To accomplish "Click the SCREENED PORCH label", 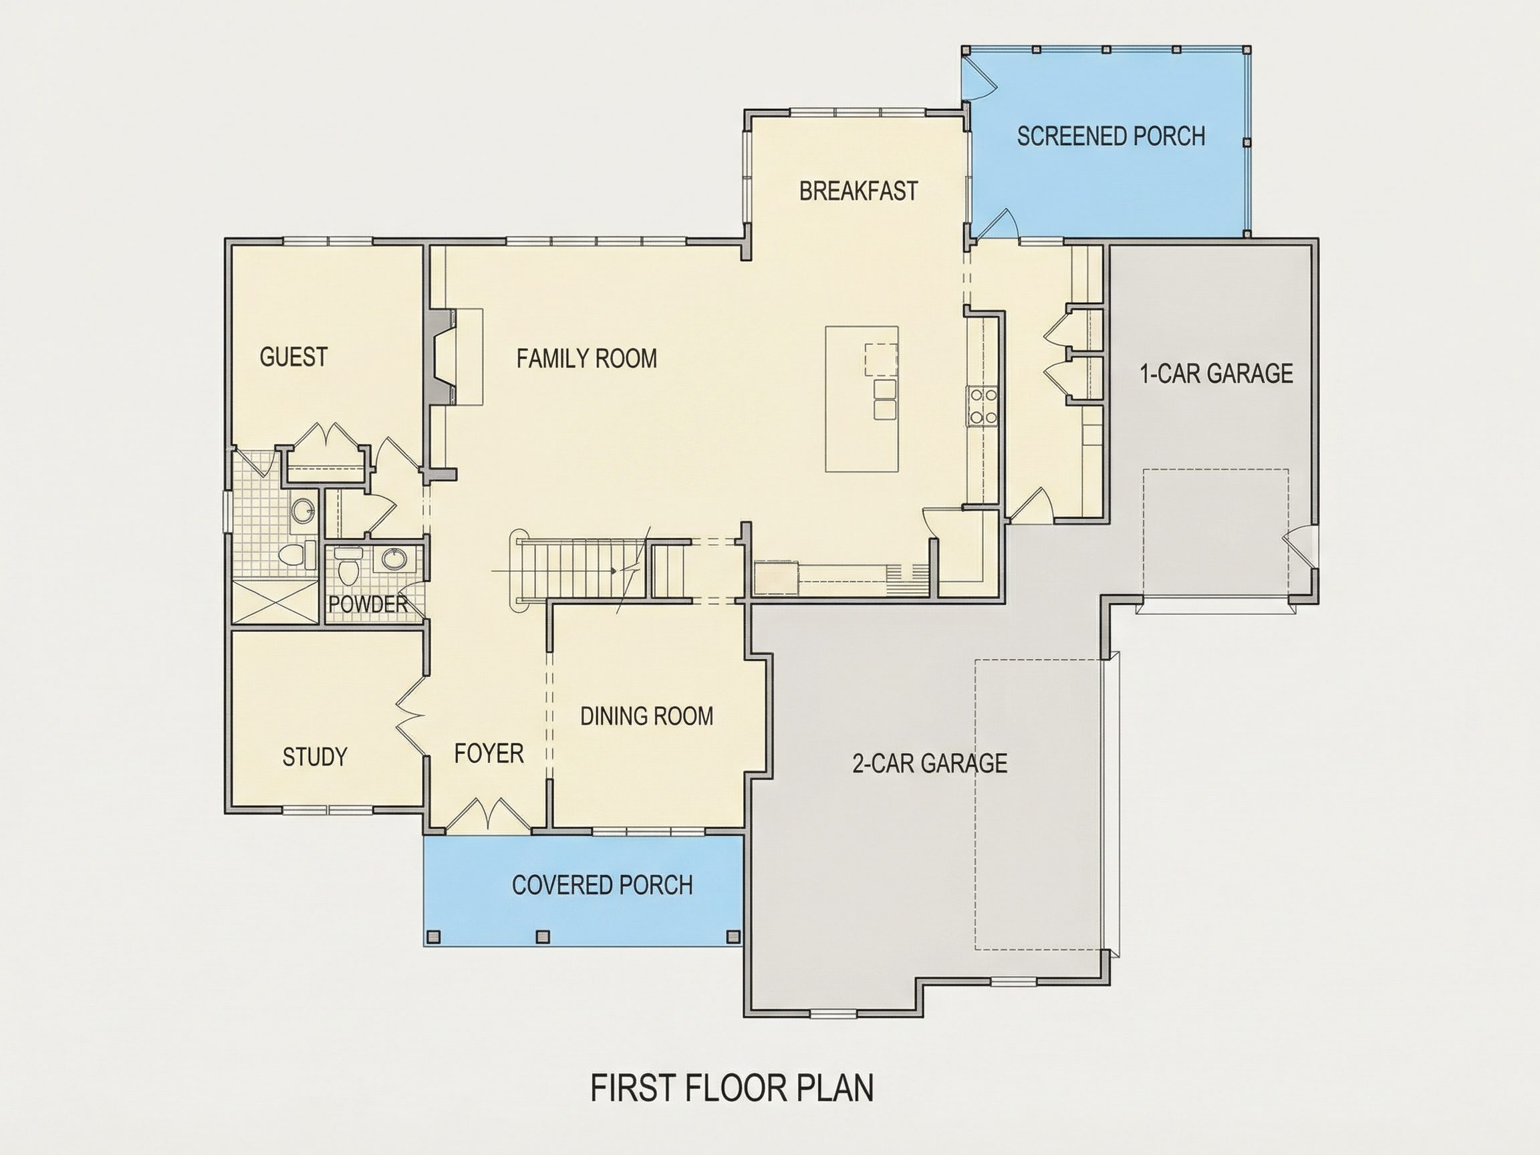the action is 1111,136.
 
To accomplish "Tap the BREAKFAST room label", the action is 858,190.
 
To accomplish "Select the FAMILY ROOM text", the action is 587,358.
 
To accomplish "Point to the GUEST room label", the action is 293,356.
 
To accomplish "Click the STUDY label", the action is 315,757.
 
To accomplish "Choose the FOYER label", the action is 489,753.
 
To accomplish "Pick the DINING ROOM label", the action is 647,716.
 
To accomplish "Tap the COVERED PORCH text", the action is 602,885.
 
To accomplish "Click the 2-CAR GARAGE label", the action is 930,763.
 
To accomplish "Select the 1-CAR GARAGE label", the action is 1216,374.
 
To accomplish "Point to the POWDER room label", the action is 368,604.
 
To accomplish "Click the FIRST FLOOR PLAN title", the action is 733,1088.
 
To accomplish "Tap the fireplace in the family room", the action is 441,356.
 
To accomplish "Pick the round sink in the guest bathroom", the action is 303,511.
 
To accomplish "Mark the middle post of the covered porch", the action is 542,936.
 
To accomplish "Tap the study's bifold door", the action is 411,715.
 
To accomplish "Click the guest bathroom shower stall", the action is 275,602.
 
